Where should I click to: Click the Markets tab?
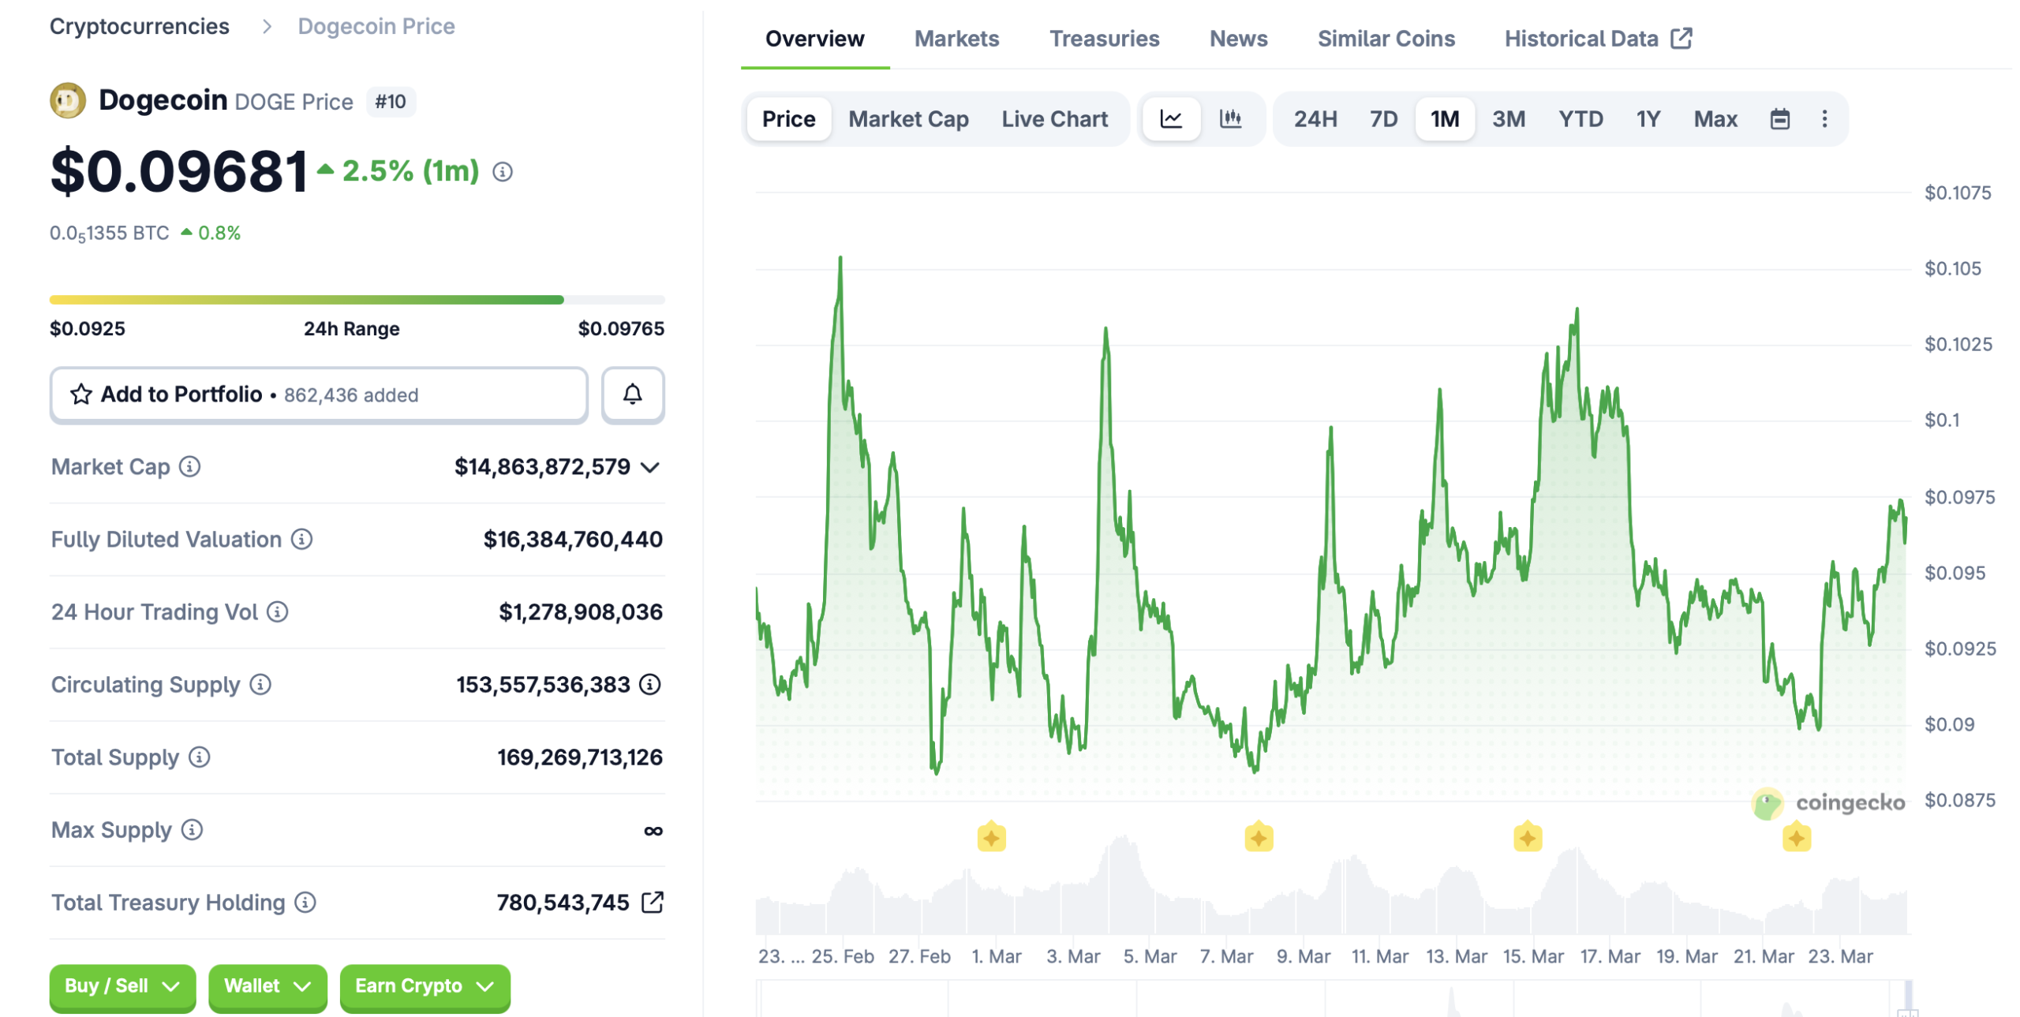[x=956, y=39]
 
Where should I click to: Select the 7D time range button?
[x=1382, y=119]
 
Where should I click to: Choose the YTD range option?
[x=1580, y=119]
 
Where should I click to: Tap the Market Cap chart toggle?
[x=907, y=119]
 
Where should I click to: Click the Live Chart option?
[x=1053, y=119]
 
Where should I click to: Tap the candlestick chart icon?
[x=1229, y=119]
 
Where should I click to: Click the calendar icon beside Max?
[x=1779, y=119]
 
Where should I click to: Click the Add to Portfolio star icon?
[x=81, y=394]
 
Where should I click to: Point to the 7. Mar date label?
[x=1225, y=955]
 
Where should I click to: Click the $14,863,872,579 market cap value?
[x=542, y=466]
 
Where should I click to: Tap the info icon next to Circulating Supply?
[x=260, y=684]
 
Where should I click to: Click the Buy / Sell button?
[x=122, y=985]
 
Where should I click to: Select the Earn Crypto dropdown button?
[x=425, y=985]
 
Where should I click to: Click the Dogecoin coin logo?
[x=68, y=101]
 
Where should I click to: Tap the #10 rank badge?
[x=391, y=102]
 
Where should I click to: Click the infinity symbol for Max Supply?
[x=653, y=830]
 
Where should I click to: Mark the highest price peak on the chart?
[x=840, y=258]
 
